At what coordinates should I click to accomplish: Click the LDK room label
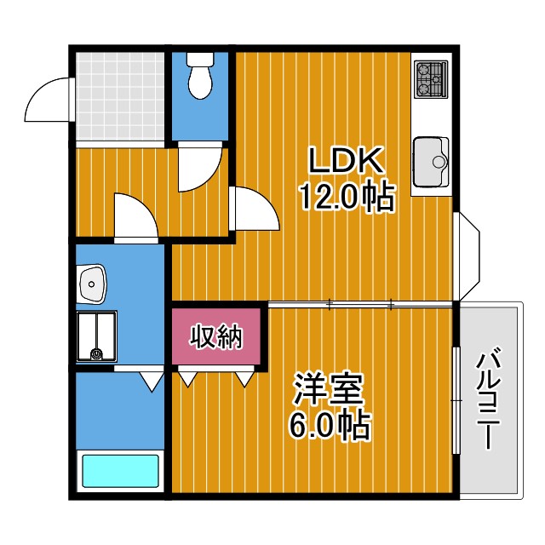347,160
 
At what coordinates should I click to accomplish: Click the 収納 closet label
216,337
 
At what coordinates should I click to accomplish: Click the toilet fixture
200,77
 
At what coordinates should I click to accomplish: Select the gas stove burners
430,79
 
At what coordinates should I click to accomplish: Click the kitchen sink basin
430,161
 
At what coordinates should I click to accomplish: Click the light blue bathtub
119,471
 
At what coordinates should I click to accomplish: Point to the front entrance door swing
49,100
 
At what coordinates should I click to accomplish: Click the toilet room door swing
200,169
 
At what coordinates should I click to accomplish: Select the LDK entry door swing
253,209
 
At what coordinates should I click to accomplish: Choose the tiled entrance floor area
119,96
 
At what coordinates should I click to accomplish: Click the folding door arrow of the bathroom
152,381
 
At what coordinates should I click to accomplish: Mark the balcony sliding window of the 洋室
456,400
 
